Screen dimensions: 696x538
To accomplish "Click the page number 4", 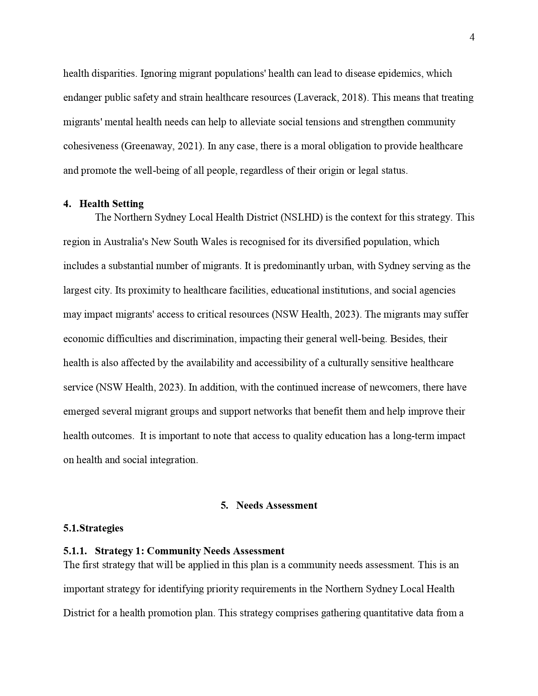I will tap(472, 38).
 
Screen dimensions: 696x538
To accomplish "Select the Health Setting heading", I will tap(111, 204).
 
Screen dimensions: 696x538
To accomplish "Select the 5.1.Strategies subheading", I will tap(93, 528).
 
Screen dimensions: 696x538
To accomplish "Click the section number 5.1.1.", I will tap(75, 551).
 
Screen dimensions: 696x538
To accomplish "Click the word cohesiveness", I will tap(91, 146).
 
